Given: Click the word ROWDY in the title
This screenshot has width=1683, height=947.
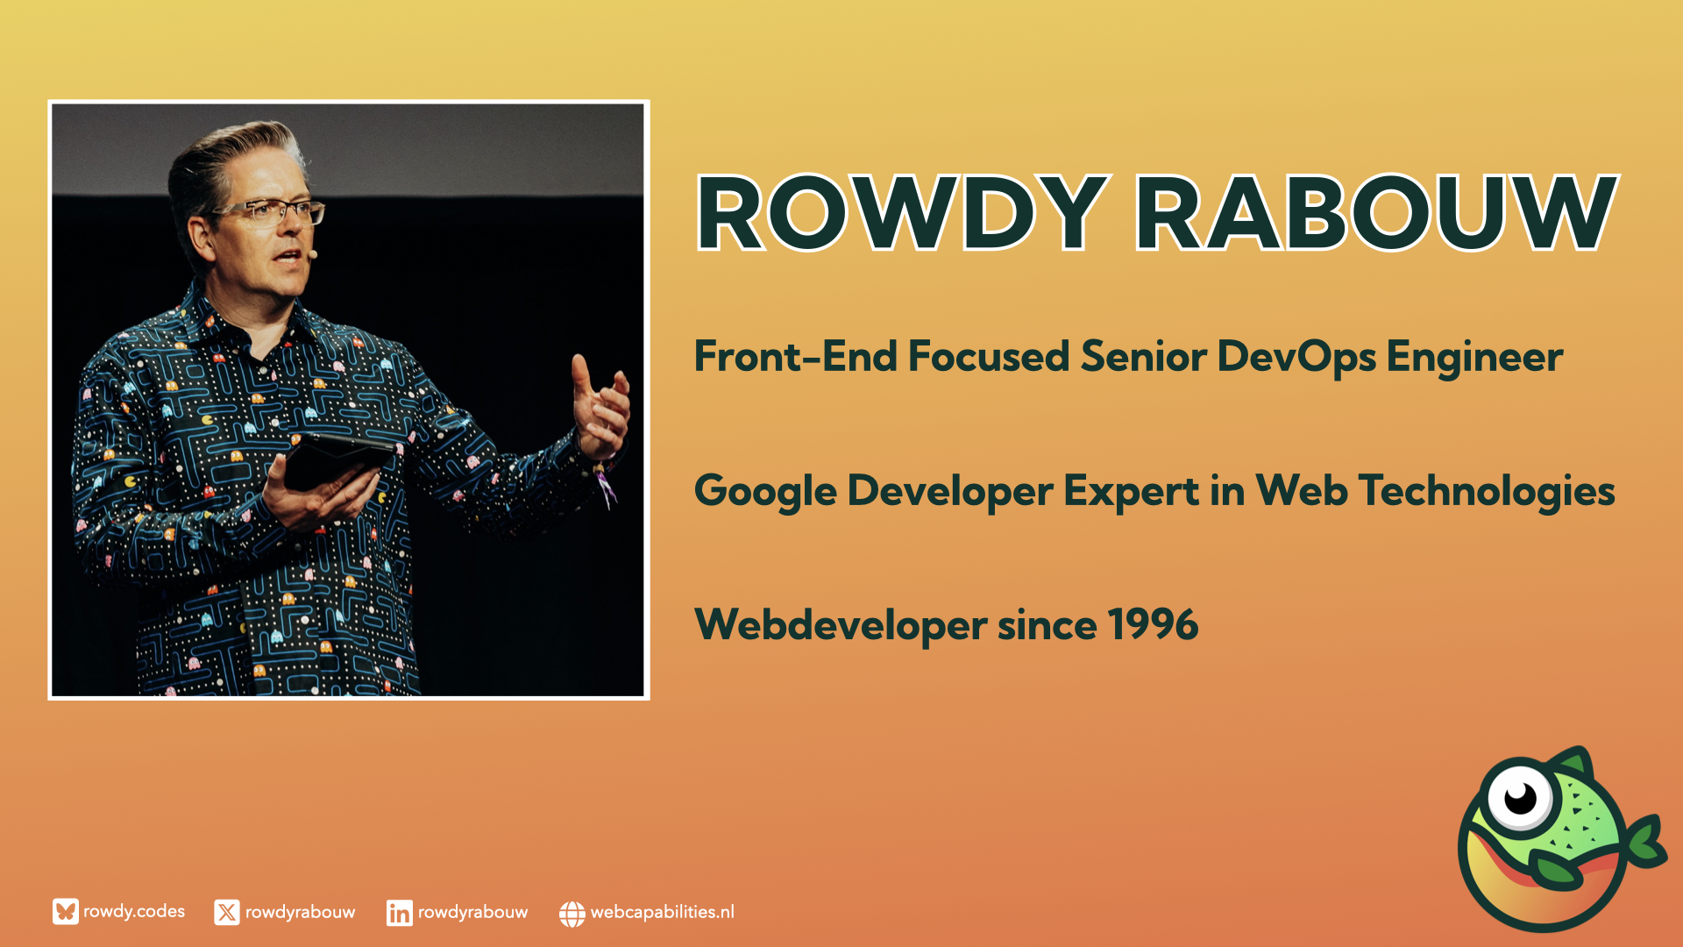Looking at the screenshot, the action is point(902,213).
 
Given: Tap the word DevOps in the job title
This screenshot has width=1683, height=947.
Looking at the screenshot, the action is point(1296,358).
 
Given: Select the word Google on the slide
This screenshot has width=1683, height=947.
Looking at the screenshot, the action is point(764,492).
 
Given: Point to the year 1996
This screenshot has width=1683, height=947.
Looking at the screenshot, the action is point(1153,625).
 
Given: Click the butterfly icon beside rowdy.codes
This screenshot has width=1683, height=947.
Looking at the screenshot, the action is point(65,912).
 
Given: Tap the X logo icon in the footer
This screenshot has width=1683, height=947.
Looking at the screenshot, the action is point(227,913).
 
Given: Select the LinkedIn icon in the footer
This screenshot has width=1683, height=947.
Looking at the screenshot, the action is point(399,913).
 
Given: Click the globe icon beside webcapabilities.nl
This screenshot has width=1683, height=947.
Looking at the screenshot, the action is point(572,914).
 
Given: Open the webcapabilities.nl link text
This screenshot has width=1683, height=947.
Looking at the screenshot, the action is point(663,912).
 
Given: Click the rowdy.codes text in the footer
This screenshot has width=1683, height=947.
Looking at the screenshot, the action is point(134,912).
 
